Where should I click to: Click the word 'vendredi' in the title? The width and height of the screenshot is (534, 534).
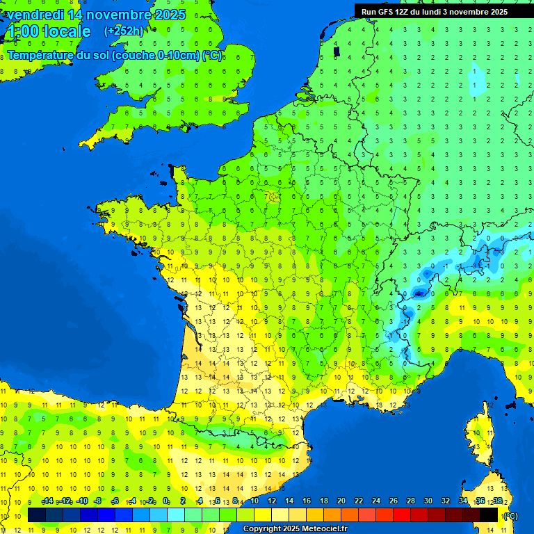(34, 15)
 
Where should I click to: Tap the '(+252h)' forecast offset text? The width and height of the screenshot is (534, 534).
(123, 31)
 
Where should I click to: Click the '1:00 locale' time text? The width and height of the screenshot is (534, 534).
(48, 31)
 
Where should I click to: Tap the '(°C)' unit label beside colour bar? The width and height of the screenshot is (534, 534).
(510, 516)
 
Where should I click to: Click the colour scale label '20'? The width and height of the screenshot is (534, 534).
(341, 501)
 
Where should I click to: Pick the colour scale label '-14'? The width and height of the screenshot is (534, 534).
(48, 501)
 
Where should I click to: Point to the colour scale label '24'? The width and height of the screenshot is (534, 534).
(375, 501)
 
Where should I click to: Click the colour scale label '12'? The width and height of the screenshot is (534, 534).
(271, 501)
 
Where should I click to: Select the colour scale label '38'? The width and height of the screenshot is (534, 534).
(497, 501)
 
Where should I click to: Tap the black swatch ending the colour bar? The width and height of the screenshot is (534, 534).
(489, 515)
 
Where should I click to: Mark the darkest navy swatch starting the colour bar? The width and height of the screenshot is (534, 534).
(37, 515)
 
